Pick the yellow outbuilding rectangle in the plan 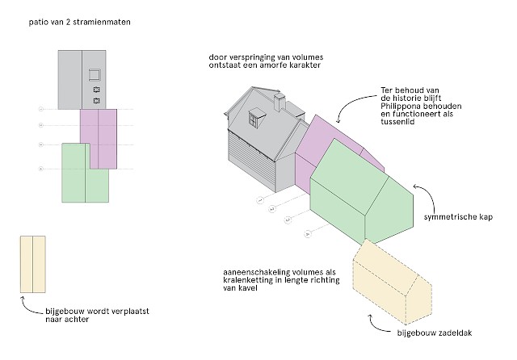pos(33,264)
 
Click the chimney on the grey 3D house pos(281,103)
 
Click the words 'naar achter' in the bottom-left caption pos(67,320)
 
